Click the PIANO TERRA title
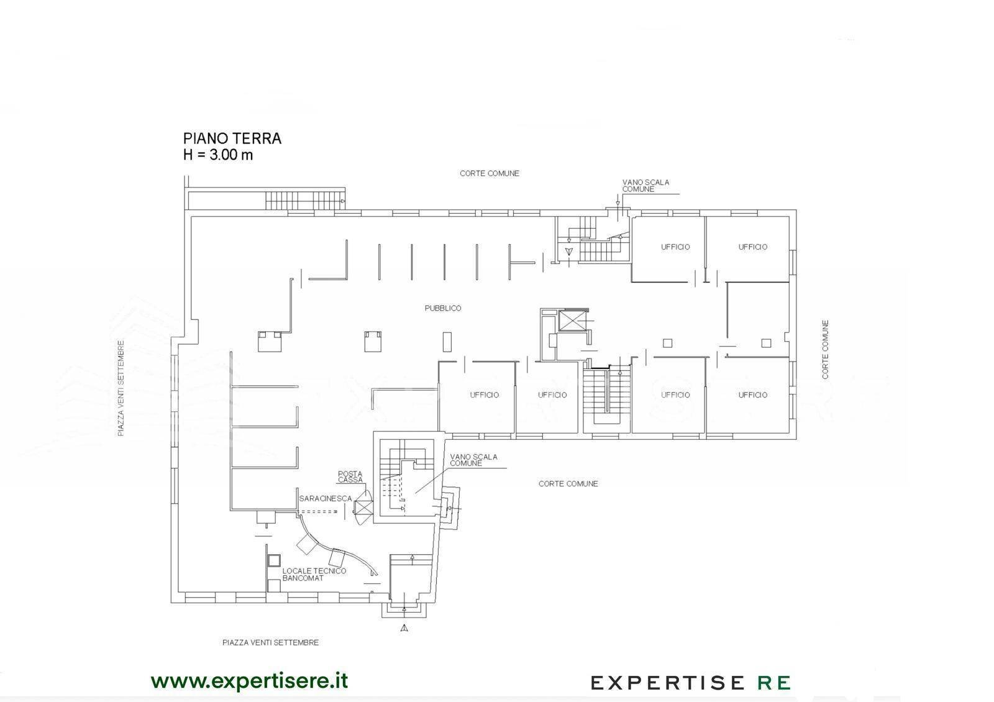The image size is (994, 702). click(232, 139)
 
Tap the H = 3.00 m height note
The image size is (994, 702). click(218, 155)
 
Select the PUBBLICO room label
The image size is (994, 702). click(443, 308)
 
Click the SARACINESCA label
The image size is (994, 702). click(326, 498)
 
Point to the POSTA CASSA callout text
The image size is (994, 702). click(350, 476)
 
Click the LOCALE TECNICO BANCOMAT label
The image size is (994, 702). click(314, 574)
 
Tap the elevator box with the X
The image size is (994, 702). click(572, 321)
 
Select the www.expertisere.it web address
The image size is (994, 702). click(249, 681)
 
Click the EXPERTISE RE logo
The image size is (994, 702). click(690, 683)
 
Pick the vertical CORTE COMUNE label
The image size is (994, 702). click(825, 349)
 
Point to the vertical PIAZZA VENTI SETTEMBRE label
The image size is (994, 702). click(121, 388)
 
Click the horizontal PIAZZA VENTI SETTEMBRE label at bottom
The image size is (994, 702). click(270, 642)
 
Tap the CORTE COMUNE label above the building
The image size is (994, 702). click(490, 173)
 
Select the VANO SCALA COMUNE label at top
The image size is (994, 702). click(645, 186)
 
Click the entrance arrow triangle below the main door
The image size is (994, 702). click(404, 628)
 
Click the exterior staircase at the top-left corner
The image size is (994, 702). click(305, 200)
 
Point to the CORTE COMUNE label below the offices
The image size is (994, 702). click(568, 484)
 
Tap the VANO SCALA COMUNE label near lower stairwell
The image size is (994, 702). click(473, 460)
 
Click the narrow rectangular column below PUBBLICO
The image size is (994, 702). click(447, 342)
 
